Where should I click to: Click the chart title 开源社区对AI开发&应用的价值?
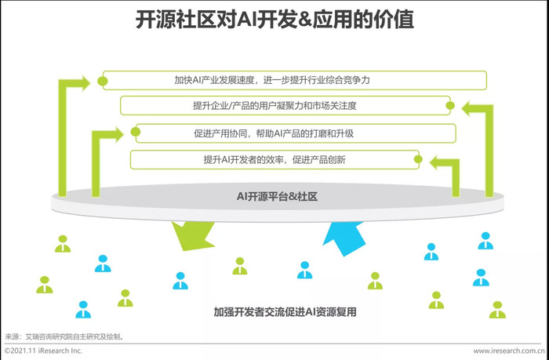pos(274,20)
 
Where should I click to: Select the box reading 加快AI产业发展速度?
pos(294,80)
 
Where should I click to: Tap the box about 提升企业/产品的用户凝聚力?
pos(285,105)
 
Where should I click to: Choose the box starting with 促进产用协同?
pos(296,133)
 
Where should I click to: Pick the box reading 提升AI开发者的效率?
pos(274,160)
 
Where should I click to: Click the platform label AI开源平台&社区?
pos(278,196)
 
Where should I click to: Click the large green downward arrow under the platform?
pos(193,235)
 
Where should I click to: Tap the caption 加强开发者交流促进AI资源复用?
pos(285,311)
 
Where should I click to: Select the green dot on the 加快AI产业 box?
pos(102,82)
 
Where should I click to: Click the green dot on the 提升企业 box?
pos(450,105)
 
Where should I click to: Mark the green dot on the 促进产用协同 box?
pos(136,132)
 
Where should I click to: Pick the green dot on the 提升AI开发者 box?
pos(418,159)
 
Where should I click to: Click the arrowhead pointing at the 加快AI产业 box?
pos(85,83)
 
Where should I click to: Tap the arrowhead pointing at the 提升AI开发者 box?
pos(434,163)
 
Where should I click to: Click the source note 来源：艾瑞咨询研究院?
pos(65,337)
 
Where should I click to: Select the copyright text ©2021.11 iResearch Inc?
pos(43,351)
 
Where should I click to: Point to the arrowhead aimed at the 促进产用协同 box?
pos(119,135)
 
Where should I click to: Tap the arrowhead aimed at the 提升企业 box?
pos(467,108)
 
